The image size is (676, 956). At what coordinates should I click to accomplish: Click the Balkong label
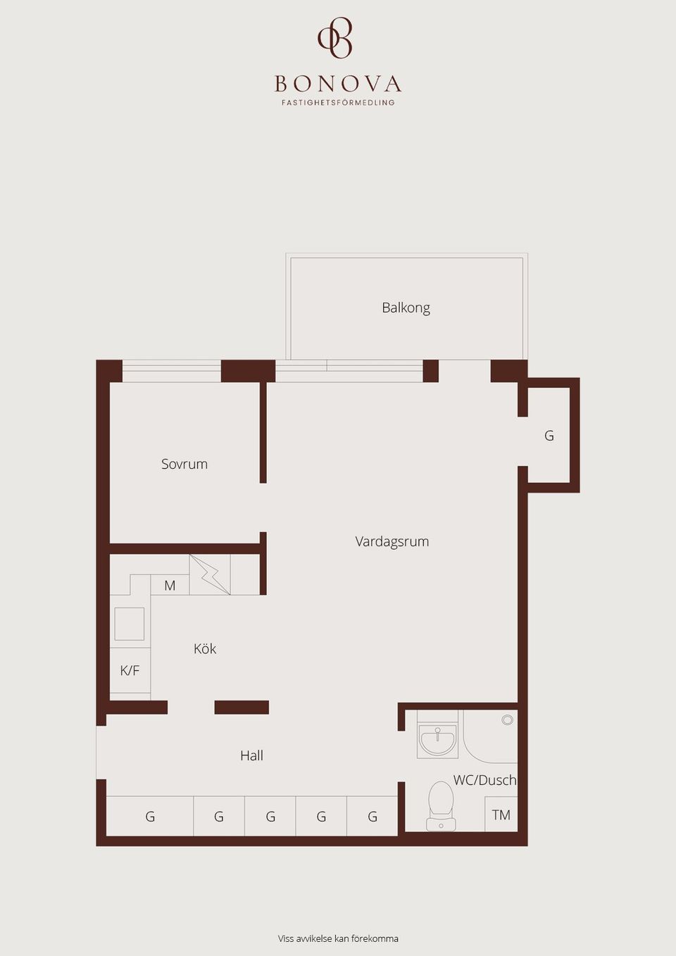click(406, 308)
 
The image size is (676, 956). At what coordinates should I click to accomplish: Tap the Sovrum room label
click(184, 464)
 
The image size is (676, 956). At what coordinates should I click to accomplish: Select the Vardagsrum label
click(392, 541)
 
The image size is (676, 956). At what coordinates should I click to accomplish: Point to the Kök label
click(205, 648)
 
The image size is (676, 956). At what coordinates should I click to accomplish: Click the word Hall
click(251, 755)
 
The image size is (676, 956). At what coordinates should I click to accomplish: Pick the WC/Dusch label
click(484, 780)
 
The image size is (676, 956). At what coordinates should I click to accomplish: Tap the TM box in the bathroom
click(501, 815)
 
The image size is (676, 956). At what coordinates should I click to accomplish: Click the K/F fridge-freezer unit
click(130, 670)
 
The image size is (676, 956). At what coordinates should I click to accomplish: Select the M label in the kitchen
click(170, 585)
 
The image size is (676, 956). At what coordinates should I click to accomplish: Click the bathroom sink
click(437, 739)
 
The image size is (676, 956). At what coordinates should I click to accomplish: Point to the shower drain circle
click(508, 719)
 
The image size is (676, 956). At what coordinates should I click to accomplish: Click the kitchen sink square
click(130, 623)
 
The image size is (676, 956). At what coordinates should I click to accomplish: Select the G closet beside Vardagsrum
click(549, 436)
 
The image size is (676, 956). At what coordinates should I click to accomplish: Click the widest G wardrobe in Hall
click(150, 817)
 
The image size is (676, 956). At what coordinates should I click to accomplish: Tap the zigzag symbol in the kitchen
click(210, 574)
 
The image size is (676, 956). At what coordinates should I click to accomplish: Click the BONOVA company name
click(338, 84)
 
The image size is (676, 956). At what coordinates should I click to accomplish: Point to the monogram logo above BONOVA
click(335, 38)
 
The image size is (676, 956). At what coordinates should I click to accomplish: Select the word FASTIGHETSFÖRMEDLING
click(338, 103)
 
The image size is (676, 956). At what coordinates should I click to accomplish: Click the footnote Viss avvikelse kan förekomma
click(338, 938)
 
